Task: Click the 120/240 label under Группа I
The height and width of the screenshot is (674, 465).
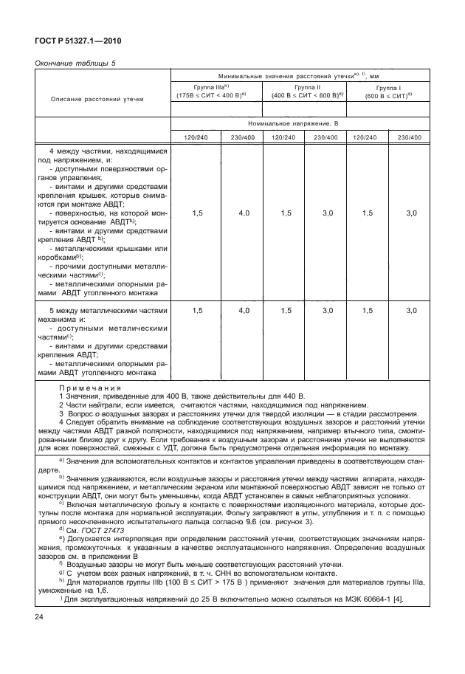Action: [x=367, y=137]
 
